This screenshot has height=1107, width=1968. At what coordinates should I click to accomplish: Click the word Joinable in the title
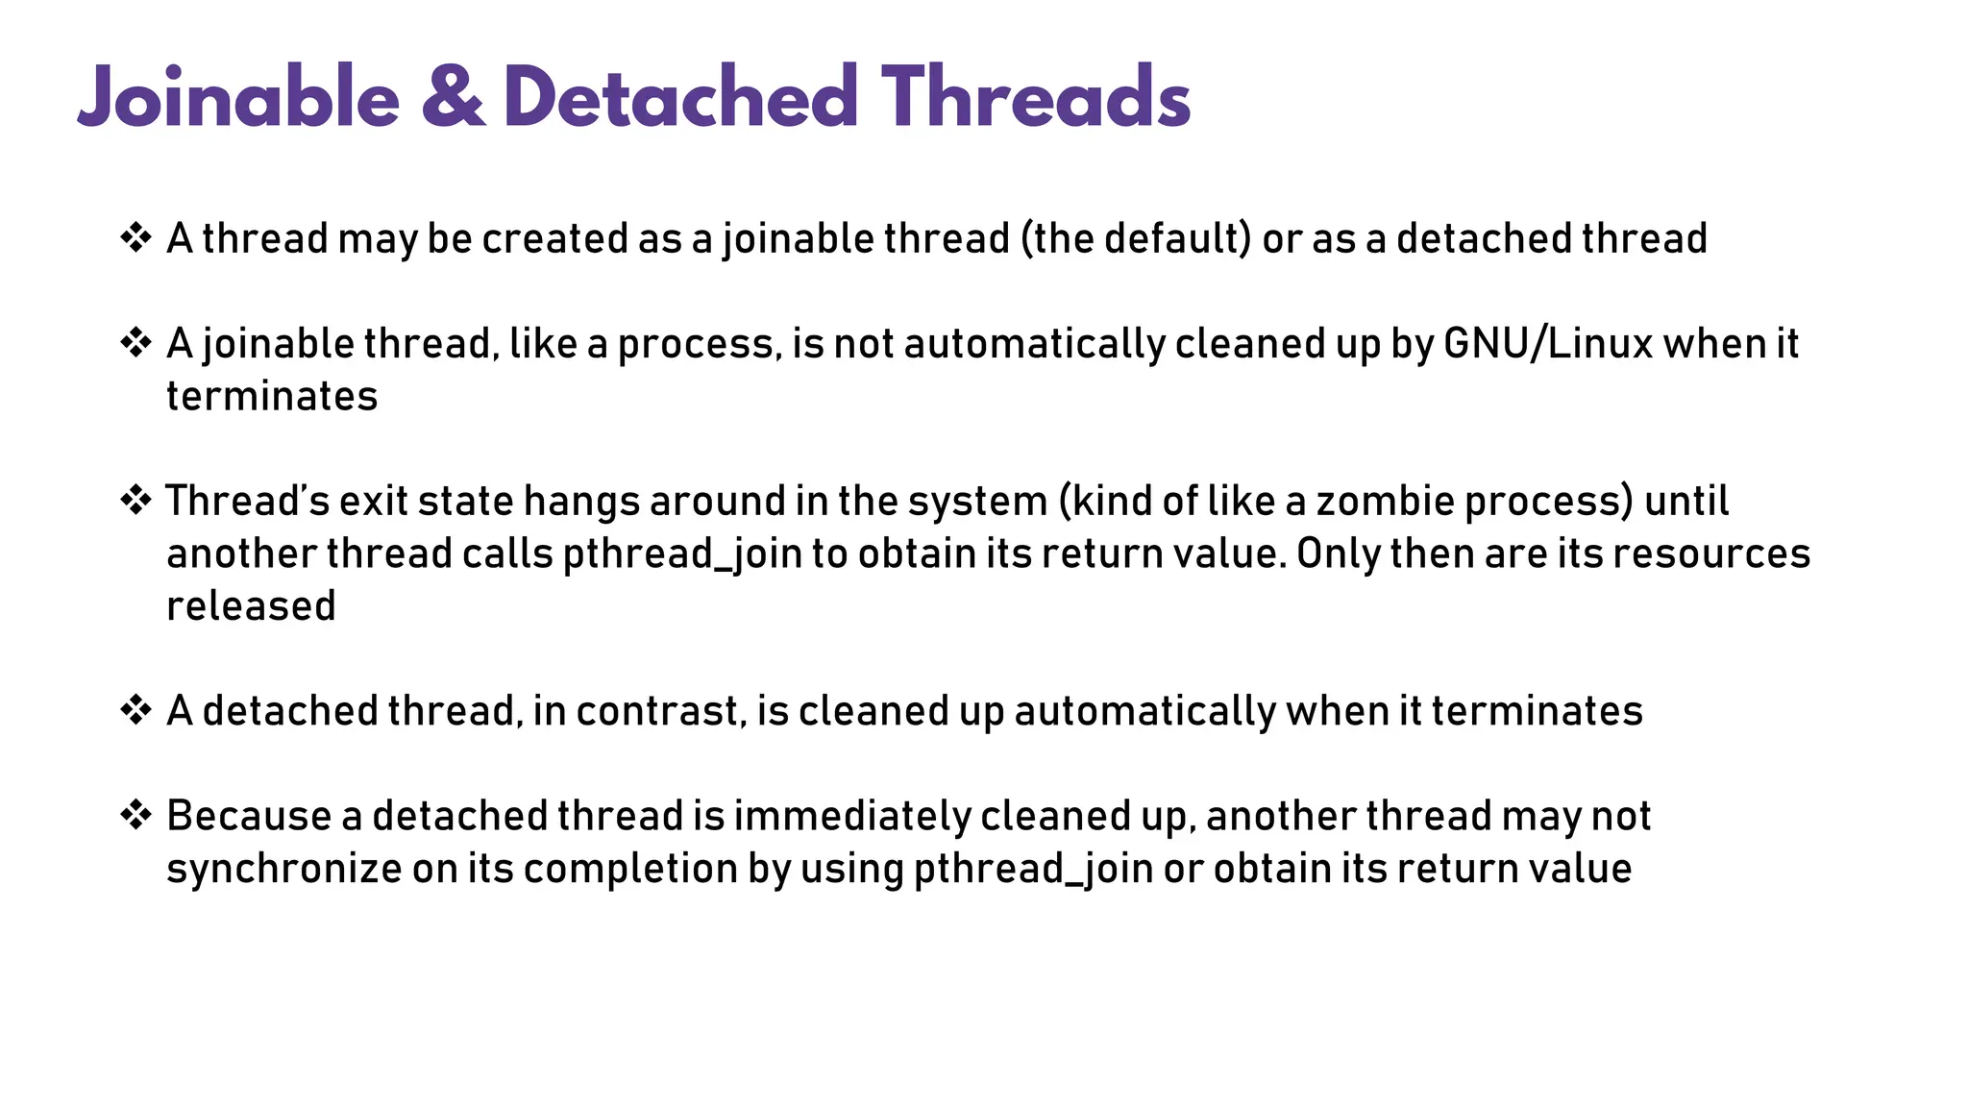pyautogui.click(x=238, y=98)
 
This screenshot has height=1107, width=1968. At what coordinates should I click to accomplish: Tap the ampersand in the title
pyautogui.click(x=453, y=98)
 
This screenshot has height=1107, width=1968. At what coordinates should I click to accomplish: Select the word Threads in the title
pyautogui.click(x=1036, y=98)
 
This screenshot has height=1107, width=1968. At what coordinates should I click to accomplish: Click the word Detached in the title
pyautogui.click(x=680, y=98)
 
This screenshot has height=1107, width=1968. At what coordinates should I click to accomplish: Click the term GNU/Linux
pyautogui.click(x=1548, y=343)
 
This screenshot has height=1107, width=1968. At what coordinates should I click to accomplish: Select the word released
pyautogui.click(x=251, y=605)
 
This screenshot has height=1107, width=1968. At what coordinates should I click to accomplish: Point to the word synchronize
pyautogui.click(x=284, y=869)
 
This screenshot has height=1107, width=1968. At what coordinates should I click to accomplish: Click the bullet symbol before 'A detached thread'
pyautogui.click(x=135, y=710)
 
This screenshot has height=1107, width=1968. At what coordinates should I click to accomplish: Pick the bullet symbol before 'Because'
pyautogui.click(x=135, y=815)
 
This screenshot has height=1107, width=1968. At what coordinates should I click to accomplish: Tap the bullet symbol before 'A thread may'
pyautogui.click(x=135, y=237)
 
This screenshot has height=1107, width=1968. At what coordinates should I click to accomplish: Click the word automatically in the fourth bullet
pyautogui.click(x=1144, y=711)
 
